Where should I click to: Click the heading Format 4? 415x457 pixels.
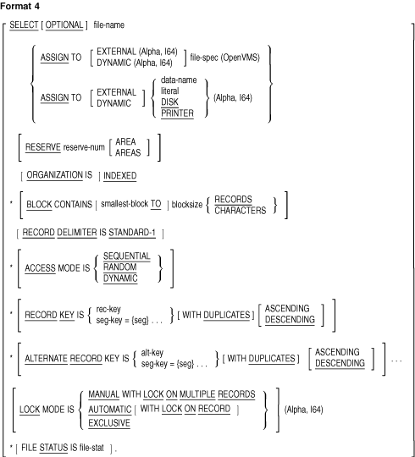tap(19, 6)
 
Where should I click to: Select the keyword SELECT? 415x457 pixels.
tap(24, 25)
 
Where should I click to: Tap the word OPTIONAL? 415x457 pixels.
tap(64, 25)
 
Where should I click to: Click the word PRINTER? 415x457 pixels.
tap(177, 113)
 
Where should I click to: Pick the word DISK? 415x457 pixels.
tap(169, 102)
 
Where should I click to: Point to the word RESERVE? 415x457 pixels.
tap(43, 147)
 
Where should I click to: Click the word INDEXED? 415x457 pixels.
tap(120, 176)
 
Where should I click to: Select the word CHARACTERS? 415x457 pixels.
tap(241, 211)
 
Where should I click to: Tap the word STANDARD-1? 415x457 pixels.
tap(132, 233)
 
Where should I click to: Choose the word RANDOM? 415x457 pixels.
tap(120, 267)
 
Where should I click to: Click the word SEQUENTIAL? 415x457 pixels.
tap(127, 256)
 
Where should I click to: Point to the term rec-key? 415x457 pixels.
tap(108, 309)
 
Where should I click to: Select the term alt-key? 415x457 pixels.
tap(152, 353)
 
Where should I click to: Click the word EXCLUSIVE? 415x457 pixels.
tap(109, 423)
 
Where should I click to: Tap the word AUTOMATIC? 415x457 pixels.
tap(110, 410)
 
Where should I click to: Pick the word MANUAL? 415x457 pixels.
tap(104, 394)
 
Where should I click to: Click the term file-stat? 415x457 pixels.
tap(91, 448)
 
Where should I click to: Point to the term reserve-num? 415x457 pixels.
tap(84, 147)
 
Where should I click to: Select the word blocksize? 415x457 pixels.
tap(187, 205)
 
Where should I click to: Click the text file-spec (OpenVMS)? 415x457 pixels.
tap(224, 58)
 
